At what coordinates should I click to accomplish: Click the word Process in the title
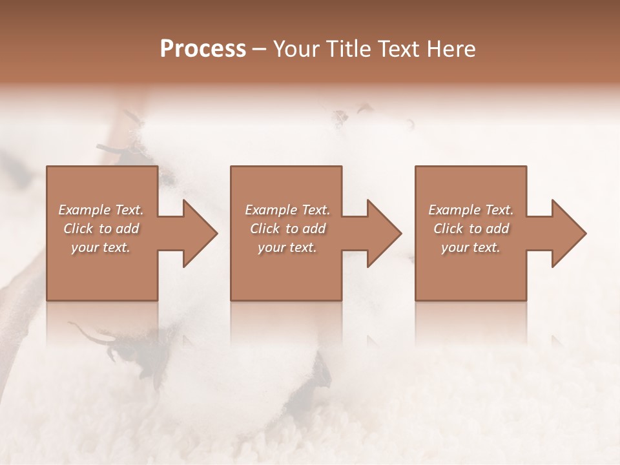203,48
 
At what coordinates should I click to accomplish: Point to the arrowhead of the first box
200,233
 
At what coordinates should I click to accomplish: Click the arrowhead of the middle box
384,233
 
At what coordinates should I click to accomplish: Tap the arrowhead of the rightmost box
568,233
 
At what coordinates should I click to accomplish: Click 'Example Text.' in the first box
101,210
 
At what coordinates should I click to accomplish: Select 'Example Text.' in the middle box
287,210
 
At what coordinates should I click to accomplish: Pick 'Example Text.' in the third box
471,210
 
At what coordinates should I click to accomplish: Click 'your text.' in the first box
101,247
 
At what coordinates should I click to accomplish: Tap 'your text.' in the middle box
287,247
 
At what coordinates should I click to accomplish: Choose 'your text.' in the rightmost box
471,247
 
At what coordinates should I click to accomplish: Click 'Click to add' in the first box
101,229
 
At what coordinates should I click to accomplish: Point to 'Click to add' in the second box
287,229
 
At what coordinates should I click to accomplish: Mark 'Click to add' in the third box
471,229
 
